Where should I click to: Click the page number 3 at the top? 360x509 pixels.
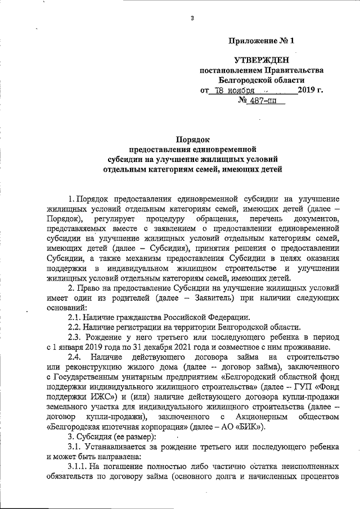point(192,19)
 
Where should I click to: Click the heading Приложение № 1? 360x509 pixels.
point(263,41)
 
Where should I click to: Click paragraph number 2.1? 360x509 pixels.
point(74,317)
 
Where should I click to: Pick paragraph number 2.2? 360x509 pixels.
point(74,327)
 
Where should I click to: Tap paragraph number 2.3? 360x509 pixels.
point(75,337)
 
